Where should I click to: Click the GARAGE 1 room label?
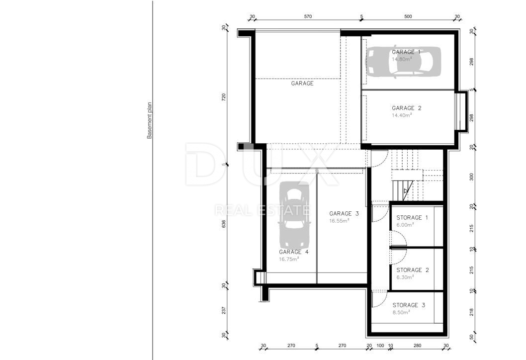click(x=406, y=52)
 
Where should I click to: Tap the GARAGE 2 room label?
click(x=407, y=108)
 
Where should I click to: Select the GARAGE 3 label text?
click(x=344, y=213)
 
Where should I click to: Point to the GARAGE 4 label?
click(x=294, y=252)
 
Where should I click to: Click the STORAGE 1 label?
click(x=412, y=217)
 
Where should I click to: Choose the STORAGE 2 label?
click(x=413, y=270)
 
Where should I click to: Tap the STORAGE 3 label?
click(x=409, y=305)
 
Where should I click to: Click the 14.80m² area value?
click(x=402, y=59)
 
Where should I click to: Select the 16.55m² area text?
click(x=339, y=221)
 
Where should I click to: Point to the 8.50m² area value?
click(x=402, y=312)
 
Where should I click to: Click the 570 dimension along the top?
click(x=308, y=16)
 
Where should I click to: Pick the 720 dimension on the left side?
click(x=224, y=97)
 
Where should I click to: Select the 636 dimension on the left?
click(x=224, y=224)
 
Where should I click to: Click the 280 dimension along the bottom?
click(x=417, y=346)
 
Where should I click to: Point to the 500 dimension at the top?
click(x=408, y=16)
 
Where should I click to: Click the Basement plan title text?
click(x=149, y=120)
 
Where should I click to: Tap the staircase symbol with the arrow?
click(x=403, y=190)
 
